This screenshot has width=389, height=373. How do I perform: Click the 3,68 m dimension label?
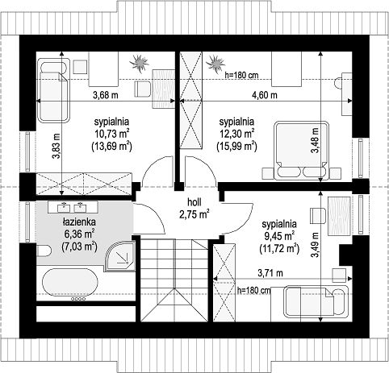[106, 95]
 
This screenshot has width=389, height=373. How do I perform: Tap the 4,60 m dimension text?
[265, 95]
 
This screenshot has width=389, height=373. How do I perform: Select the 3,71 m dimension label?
[270, 273]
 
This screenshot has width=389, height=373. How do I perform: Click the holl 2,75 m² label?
[194, 209]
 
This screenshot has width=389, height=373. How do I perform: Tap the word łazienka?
[79, 222]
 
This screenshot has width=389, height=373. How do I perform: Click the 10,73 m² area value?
[111, 134]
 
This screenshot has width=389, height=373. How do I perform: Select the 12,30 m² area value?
[236, 134]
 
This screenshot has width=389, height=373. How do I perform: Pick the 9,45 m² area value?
[280, 236]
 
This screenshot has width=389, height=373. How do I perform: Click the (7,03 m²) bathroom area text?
[79, 246]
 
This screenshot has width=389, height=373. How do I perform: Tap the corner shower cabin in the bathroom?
[119, 256]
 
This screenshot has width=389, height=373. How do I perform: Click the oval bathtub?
[70, 283]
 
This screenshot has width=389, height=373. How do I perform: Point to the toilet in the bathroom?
[44, 251]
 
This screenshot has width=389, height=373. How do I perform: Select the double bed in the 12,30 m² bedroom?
[302, 151]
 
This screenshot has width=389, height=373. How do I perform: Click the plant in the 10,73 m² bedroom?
[139, 64]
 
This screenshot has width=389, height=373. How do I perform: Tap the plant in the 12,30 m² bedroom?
[215, 64]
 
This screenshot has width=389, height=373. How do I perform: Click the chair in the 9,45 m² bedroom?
[318, 215]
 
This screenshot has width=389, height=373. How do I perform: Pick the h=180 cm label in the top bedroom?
[241, 75]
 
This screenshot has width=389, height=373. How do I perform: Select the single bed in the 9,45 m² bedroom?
[316, 300]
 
